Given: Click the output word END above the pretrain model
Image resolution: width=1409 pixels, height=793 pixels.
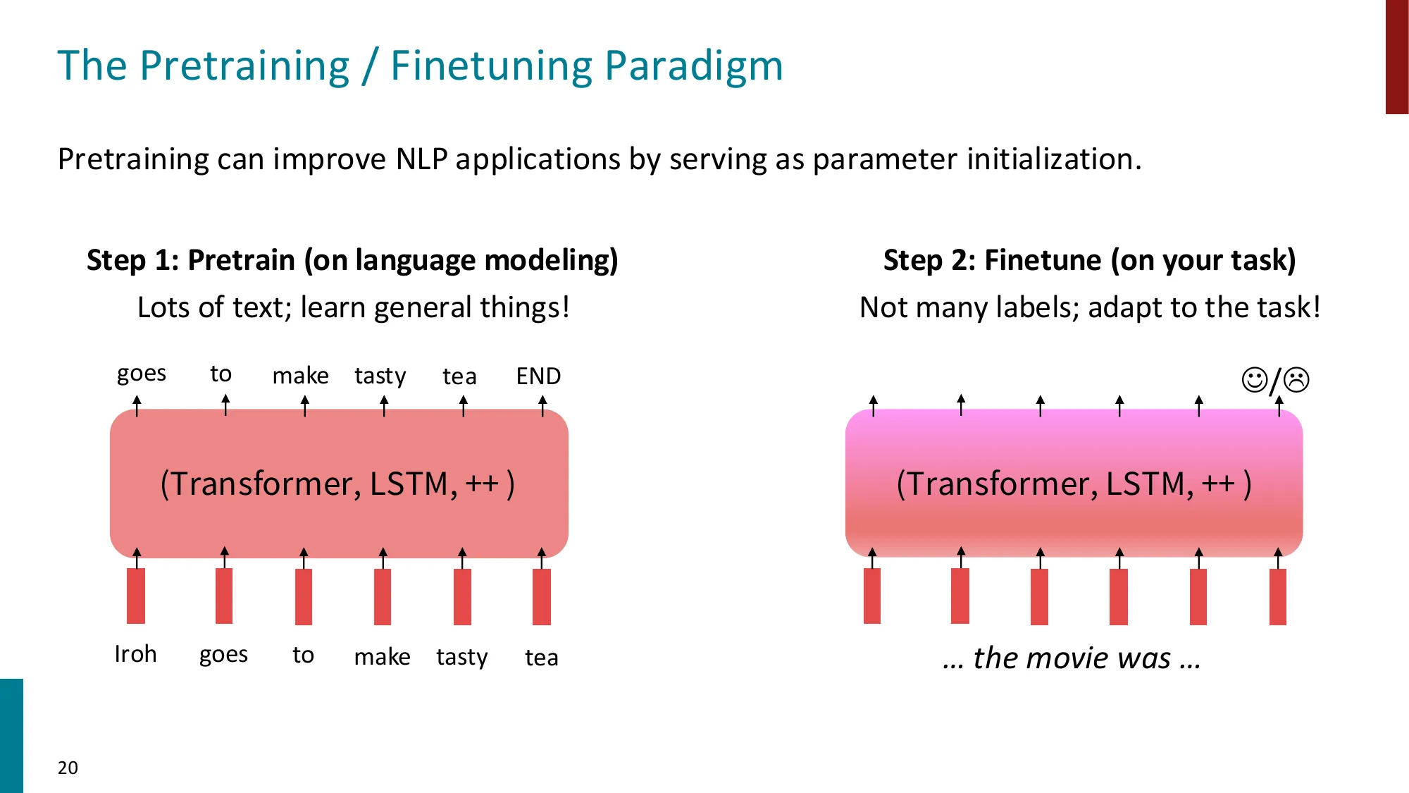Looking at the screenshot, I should (x=538, y=376).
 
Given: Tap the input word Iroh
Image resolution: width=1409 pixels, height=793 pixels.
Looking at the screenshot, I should (x=135, y=654).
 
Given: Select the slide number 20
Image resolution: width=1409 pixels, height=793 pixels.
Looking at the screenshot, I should (x=68, y=768).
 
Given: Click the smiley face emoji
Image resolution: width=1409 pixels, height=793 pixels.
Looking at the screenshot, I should (x=1254, y=380).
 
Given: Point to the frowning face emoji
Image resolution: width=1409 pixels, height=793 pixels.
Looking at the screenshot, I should (x=1296, y=380).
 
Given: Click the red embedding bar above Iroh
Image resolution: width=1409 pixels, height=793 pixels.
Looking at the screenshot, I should (x=136, y=596).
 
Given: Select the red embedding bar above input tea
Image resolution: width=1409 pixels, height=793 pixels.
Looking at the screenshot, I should (x=541, y=596).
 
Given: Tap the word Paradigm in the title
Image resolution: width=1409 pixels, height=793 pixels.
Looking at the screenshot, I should (x=694, y=66).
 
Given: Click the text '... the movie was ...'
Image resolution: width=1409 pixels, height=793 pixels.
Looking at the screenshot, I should (x=1072, y=658).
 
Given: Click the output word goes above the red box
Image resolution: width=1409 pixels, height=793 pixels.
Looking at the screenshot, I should (x=142, y=374).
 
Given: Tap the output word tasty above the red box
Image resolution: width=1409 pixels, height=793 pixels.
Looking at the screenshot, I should (x=380, y=376).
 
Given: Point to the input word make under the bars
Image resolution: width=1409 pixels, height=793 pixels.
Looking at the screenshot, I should (x=382, y=657).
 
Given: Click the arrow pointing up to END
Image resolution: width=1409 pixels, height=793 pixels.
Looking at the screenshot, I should (x=542, y=406).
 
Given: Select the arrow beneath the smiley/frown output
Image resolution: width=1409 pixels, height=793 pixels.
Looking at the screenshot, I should (x=1279, y=407).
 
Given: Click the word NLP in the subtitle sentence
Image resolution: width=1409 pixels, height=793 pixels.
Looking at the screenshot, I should (x=421, y=159).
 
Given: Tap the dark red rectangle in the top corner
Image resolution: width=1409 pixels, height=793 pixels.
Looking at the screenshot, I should (x=1396, y=56).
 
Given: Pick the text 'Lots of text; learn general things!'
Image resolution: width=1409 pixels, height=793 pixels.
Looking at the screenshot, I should (x=353, y=308).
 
